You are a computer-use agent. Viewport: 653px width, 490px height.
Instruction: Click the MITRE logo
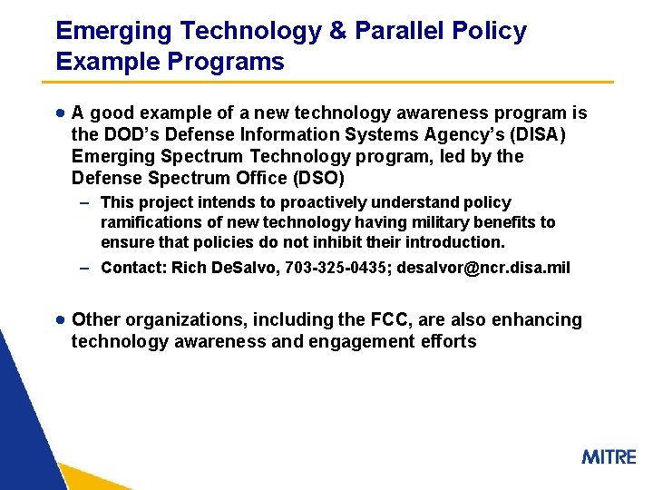609,456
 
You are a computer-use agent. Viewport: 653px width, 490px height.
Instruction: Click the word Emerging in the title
113,31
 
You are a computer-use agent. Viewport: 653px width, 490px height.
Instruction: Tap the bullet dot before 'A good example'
59,113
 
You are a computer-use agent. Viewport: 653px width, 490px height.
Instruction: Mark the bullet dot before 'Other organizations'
59,319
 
